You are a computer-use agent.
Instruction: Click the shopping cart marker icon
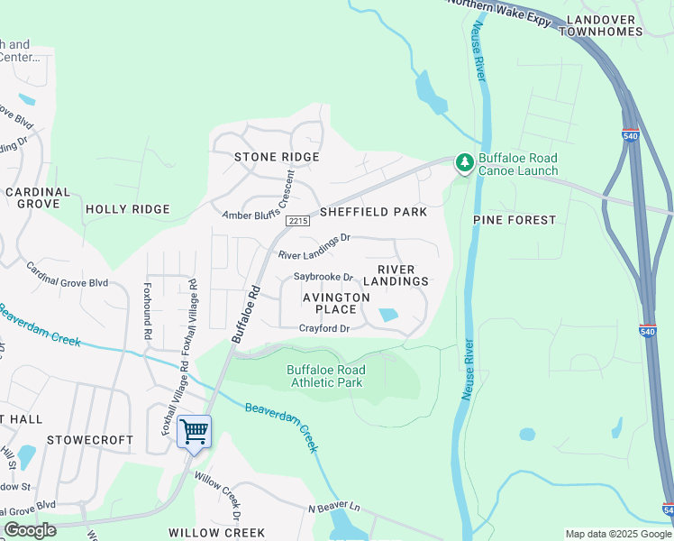pyautogui.click(x=194, y=432)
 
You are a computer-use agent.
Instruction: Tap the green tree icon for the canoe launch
pyautogui.click(x=464, y=163)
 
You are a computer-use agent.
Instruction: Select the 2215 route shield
pyautogui.click(x=298, y=221)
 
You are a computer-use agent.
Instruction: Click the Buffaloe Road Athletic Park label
pyautogui.click(x=325, y=376)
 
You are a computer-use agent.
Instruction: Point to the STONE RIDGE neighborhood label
pyautogui.click(x=277, y=157)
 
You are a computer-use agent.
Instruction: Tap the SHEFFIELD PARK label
pyautogui.click(x=373, y=212)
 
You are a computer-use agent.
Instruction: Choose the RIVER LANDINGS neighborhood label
pyautogui.click(x=402, y=275)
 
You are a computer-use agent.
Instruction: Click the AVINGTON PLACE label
pyautogui.click(x=336, y=303)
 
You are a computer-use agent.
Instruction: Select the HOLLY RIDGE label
pyautogui.click(x=127, y=209)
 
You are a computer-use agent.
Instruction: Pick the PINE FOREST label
pyautogui.click(x=515, y=219)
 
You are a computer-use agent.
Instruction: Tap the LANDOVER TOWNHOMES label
pyautogui.click(x=601, y=24)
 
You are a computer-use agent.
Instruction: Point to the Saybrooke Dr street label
pyautogui.click(x=323, y=277)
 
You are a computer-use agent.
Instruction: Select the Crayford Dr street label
pyautogui.click(x=324, y=328)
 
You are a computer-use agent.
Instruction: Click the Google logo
pyautogui.click(x=31, y=530)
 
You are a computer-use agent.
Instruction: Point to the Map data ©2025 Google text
pyautogui.click(x=617, y=534)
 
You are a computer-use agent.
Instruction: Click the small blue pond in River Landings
pyautogui.click(x=388, y=315)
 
